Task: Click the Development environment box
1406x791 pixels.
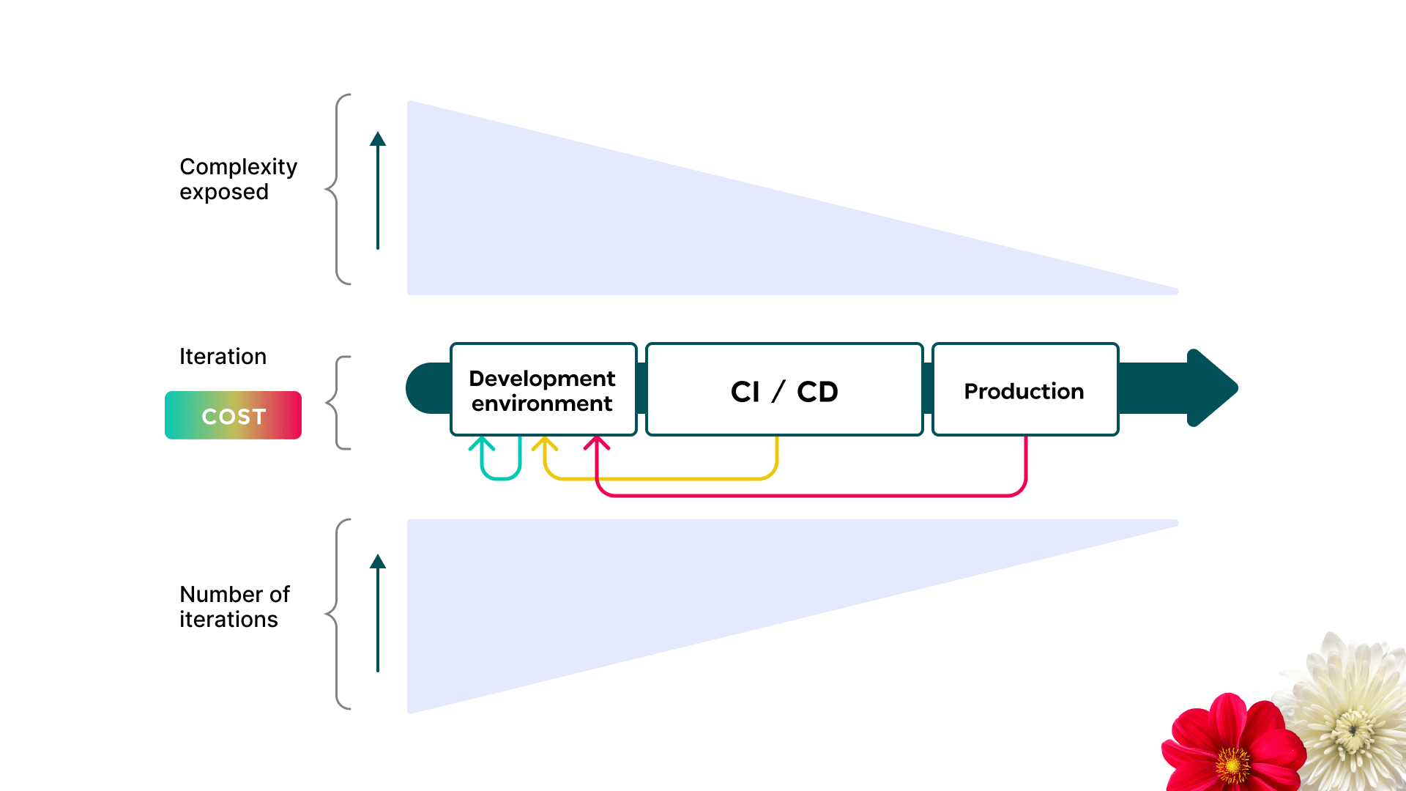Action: point(543,390)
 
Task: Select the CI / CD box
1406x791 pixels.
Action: point(784,390)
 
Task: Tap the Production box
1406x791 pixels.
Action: point(1025,390)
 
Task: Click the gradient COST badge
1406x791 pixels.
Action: point(233,415)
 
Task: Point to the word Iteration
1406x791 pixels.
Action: point(223,357)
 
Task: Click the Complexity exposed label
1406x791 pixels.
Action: point(238,179)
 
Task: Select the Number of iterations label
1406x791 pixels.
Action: point(234,606)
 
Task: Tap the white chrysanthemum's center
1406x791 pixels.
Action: point(1353,728)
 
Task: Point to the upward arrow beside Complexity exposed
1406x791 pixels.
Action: point(378,190)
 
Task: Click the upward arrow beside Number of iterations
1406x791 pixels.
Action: point(378,613)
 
